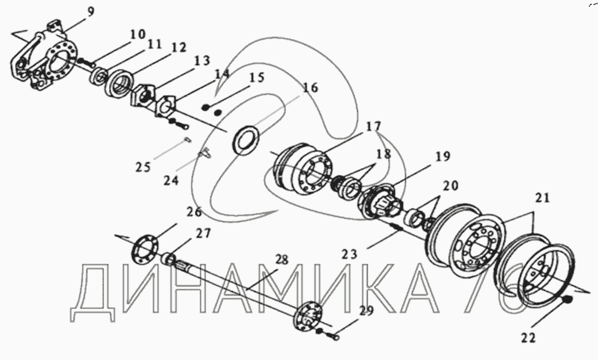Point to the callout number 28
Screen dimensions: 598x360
pos(281,260)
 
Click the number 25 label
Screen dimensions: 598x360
pos(143,166)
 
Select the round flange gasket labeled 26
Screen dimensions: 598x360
pos(144,247)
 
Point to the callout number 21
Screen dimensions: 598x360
pos(542,199)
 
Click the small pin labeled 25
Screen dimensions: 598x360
pos(186,141)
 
